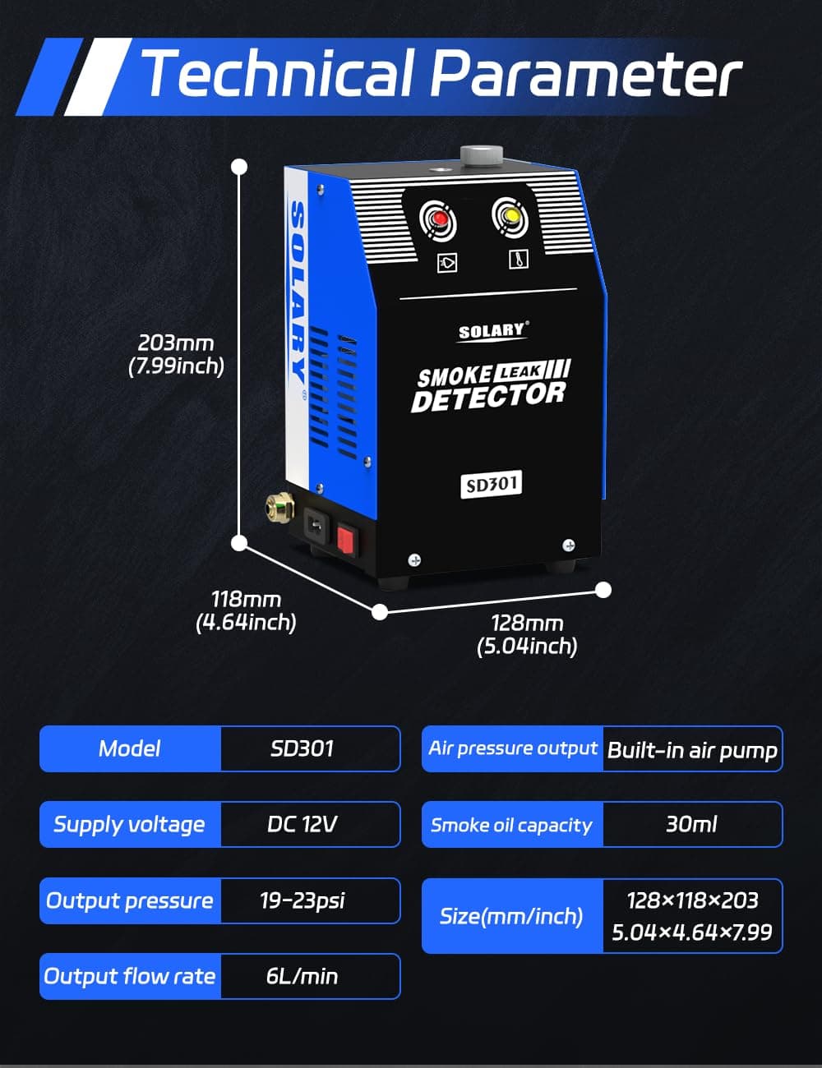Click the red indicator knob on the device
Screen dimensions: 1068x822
coord(439,219)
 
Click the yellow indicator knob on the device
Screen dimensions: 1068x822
coord(511,216)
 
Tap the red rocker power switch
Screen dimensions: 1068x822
coord(347,539)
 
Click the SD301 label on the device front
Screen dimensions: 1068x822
coord(492,484)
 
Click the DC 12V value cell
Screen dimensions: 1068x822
coord(302,824)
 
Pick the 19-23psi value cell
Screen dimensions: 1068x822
coord(302,900)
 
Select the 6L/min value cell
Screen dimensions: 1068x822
coord(302,976)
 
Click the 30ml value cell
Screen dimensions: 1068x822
coord(691,824)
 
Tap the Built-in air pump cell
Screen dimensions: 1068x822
coord(692,749)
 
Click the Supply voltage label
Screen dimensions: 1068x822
coord(130,824)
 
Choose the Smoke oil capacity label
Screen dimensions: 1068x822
coord(511,825)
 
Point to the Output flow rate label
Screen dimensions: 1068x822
coord(130,976)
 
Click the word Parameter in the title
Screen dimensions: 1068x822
coord(585,74)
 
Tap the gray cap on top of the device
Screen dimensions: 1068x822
coord(481,154)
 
